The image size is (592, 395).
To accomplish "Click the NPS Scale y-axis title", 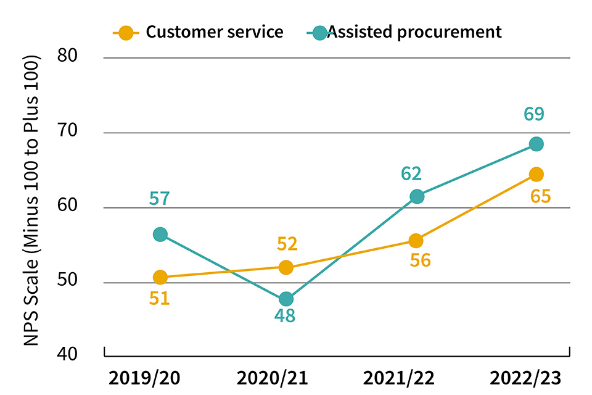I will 32,200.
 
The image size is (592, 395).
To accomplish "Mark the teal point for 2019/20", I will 160,235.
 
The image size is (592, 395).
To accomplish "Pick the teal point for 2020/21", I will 286,299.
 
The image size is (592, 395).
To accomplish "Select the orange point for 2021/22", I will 416,240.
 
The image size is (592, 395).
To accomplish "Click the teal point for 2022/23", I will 536,144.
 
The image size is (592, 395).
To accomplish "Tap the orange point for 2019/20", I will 160,277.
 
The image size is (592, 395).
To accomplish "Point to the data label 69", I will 534,114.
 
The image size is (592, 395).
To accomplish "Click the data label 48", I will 285,317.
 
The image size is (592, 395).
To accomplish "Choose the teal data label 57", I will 160,199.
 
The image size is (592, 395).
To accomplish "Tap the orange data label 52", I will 287,244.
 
